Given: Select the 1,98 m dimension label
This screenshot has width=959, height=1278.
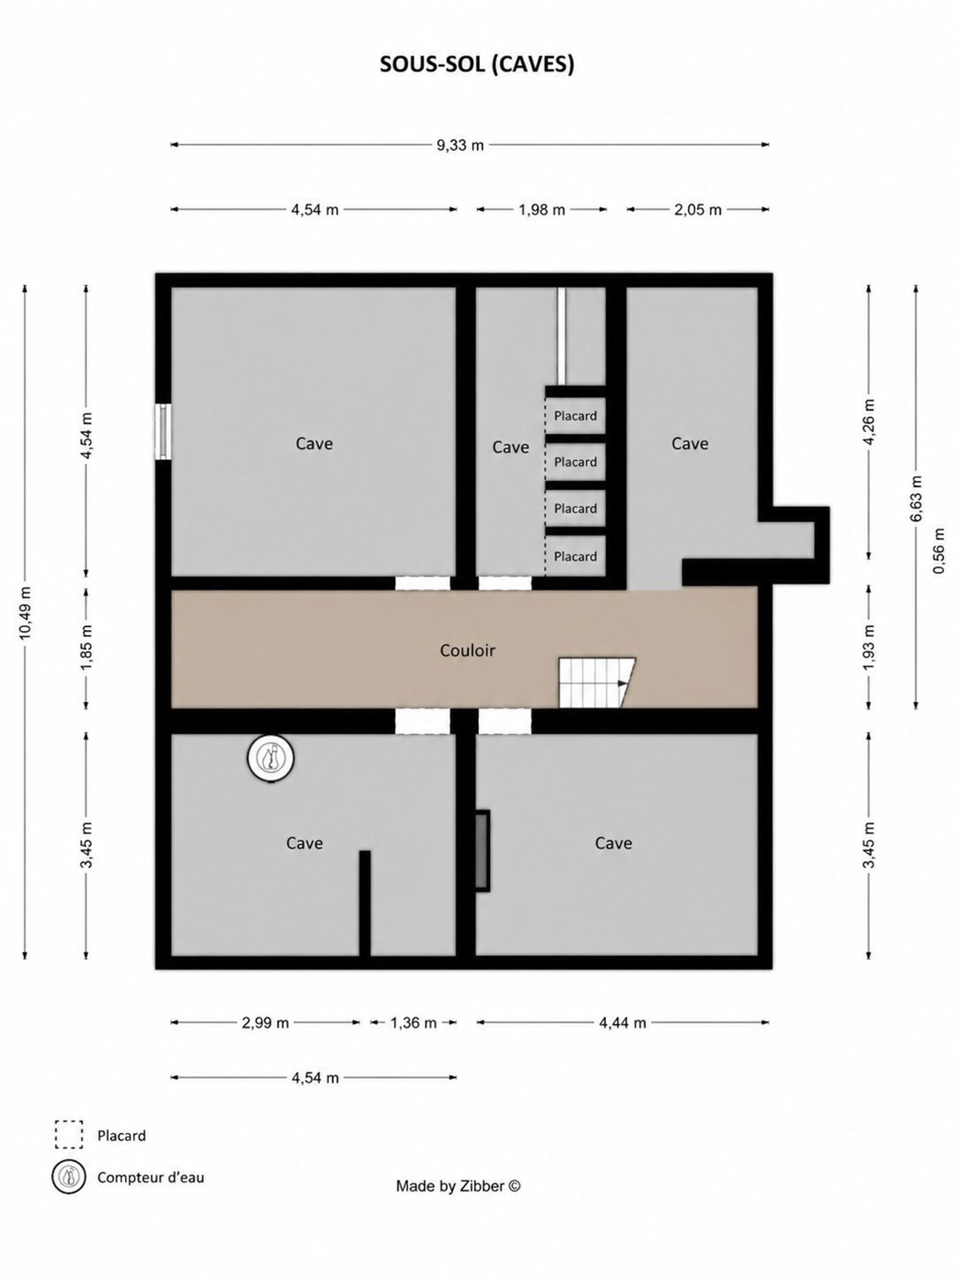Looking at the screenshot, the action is [x=541, y=210].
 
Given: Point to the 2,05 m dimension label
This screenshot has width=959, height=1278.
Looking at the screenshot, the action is [x=698, y=210].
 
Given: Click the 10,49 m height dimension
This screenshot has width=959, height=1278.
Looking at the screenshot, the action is [x=26, y=613].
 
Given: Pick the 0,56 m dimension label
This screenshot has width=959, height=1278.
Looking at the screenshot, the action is [x=940, y=551].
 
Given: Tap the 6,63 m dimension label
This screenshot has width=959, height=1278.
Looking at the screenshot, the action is [x=916, y=499].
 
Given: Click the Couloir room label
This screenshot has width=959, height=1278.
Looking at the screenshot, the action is [x=468, y=650].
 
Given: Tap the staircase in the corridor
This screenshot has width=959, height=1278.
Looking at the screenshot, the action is [x=596, y=682].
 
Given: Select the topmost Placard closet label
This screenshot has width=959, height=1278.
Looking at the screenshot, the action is [x=575, y=416].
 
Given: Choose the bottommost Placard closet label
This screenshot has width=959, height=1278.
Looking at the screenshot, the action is [x=575, y=557].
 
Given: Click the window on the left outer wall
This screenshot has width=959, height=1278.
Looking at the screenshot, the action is [x=164, y=432].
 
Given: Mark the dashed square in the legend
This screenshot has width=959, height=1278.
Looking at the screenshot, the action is [x=69, y=1135].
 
